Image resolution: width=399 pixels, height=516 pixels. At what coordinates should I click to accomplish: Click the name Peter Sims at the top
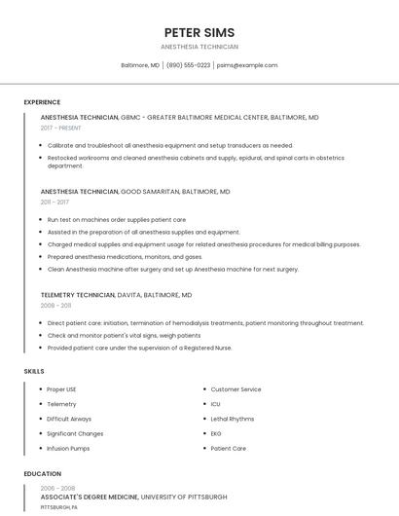click(199, 32)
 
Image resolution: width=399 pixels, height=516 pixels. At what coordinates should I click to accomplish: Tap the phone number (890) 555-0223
click(188, 65)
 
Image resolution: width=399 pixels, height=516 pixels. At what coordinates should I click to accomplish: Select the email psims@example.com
click(247, 65)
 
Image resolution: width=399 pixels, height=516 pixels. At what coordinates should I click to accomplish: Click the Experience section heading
click(42, 102)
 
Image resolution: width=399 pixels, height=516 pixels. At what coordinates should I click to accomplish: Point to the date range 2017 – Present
click(61, 128)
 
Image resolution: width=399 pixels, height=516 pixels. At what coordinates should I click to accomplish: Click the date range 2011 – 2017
click(54, 203)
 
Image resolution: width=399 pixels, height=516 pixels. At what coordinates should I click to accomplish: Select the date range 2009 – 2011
click(55, 305)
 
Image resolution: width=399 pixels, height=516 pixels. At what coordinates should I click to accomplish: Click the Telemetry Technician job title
click(78, 294)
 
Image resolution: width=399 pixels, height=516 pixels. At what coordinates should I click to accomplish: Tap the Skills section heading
click(34, 371)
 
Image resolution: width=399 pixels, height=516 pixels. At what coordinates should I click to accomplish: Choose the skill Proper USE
click(62, 389)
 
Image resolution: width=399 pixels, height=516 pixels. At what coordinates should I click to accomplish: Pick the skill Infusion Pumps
click(68, 448)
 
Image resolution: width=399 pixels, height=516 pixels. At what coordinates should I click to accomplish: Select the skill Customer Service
click(236, 389)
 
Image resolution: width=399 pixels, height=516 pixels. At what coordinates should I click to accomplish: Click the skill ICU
click(216, 404)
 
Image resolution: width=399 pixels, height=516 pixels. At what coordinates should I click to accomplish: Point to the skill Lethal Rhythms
click(233, 419)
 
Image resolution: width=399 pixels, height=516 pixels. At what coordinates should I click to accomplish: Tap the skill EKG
click(216, 433)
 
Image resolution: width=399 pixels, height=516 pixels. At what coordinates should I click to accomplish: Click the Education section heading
click(42, 474)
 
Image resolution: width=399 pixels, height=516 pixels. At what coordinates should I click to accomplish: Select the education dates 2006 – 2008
click(57, 488)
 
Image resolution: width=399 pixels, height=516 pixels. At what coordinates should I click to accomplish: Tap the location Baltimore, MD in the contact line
click(140, 65)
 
